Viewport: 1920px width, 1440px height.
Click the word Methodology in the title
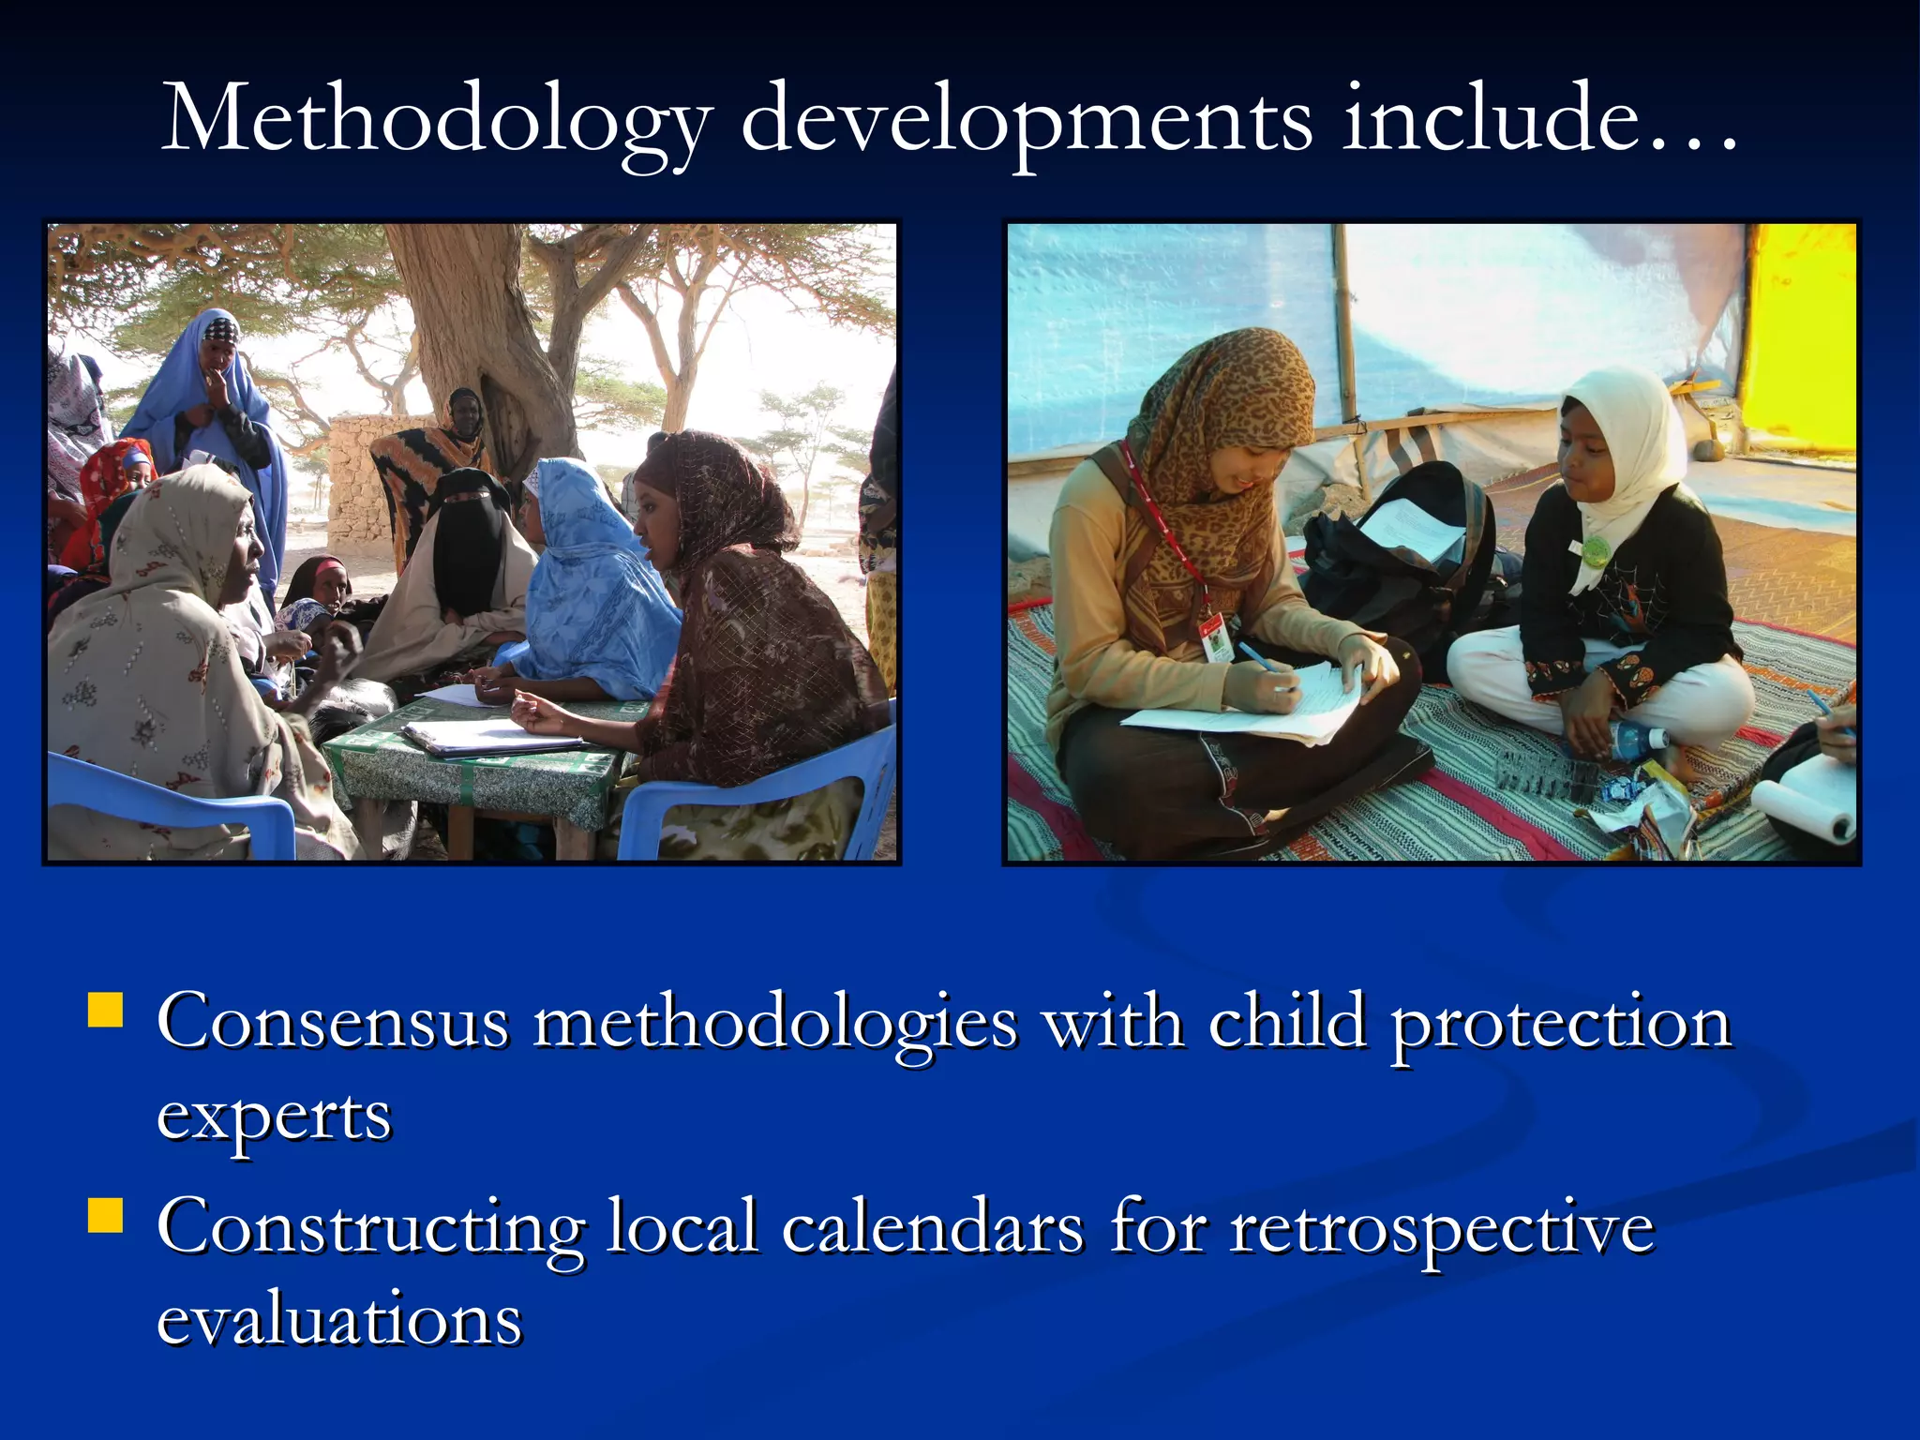point(436,120)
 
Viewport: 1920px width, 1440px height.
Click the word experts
point(274,1116)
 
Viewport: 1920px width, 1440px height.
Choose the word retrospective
point(1442,1229)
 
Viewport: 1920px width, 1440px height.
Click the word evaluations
point(338,1319)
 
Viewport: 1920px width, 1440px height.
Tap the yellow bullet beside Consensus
point(106,1012)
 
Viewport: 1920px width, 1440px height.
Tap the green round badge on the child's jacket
point(1594,550)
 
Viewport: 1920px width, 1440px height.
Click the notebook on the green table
point(492,736)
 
